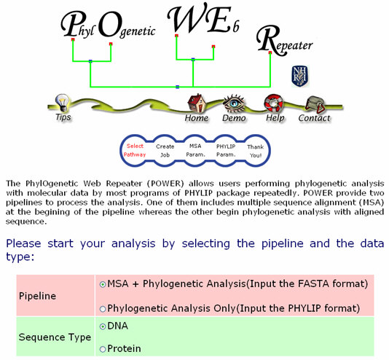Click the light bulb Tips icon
[x=62, y=102]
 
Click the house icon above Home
[x=197, y=103]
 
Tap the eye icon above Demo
[x=233, y=103]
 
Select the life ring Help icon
[x=273, y=103]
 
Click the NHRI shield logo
[x=299, y=76]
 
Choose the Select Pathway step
[x=135, y=150]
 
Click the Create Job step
[x=165, y=151]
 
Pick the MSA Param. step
[x=195, y=150]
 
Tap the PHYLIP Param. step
[x=226, y=151]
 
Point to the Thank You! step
[x=256, y=151]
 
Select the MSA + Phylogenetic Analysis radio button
[x=103, y=284]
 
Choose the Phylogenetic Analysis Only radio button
[x=103, y=309]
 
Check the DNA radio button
[x=103, y=326]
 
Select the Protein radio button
[x=103, y=349]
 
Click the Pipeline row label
[x=37, y=296]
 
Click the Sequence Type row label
[x=55, y=337]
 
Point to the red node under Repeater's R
[x=270, y=52]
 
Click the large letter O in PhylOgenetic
[x=110, y=25]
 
